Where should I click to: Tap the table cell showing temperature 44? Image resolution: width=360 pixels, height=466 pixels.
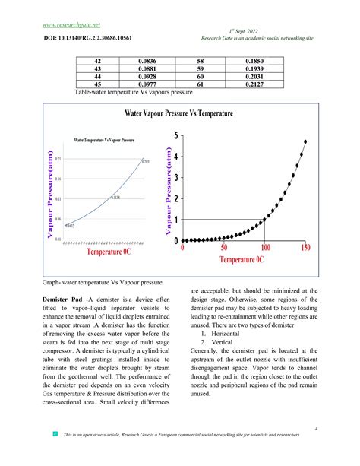click(96, 76)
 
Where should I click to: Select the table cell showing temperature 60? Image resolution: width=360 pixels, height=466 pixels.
click(200, 76)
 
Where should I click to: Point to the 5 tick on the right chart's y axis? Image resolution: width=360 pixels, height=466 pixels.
click(176, 135)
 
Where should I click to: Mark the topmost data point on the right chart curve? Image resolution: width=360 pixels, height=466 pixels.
click(305, 141)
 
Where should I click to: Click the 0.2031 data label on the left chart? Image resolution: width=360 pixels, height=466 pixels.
click(148, 162)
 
